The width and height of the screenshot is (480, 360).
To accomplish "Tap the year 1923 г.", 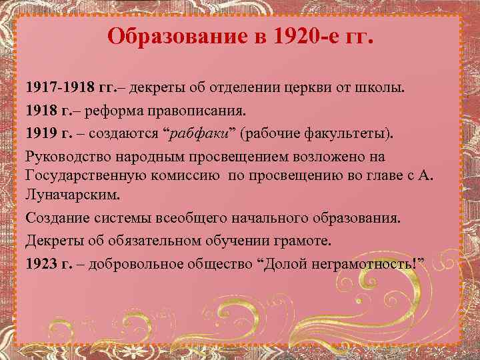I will click(51, 263).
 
